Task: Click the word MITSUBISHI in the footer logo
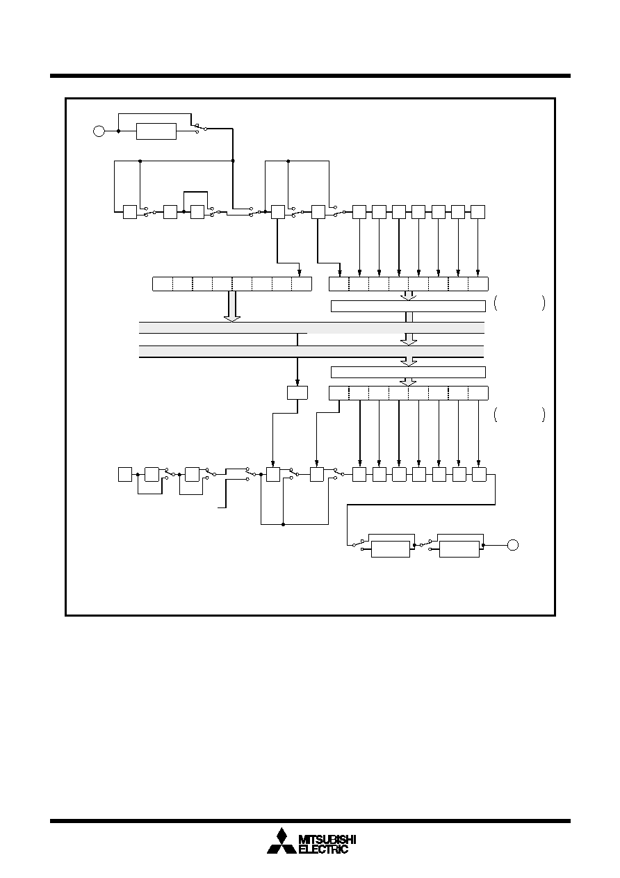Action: point(327,839)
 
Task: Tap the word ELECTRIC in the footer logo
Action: point(323,849)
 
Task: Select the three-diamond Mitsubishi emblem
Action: point(282,840)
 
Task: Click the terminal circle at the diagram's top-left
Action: point(99,131)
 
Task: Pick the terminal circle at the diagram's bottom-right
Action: point(513,545)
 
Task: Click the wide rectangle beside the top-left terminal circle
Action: point(156,131)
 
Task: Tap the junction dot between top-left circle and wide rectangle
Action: point(118,131)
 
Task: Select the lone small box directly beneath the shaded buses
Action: point(297,393)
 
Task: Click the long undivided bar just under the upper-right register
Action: point(408,306)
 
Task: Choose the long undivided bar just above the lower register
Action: point(408,372)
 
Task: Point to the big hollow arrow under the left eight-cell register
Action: point(232,307)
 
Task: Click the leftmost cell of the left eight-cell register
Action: point(162,284)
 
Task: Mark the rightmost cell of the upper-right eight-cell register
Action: point(478,284)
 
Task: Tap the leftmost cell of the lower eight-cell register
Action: point(338,393)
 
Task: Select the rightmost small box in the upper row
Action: point(478,212)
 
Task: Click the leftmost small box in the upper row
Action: point(130,212)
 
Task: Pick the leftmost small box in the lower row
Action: point(125,474)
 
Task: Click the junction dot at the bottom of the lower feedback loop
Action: point(283,524)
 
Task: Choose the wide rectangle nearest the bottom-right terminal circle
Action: point(459,549)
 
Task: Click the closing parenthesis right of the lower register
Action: point(543,414)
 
